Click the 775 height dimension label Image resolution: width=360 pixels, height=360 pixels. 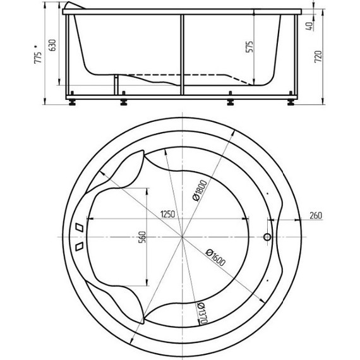point(38,57)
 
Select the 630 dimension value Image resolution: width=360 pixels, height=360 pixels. point(52,45)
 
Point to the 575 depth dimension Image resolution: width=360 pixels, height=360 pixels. point(249,47)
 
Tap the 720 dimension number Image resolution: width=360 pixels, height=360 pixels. point(318,57)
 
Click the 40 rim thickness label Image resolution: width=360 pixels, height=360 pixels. point(309,27)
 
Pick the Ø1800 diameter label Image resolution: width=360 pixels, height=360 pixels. point(200,191)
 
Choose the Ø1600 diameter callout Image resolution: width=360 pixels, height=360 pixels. point(215,258)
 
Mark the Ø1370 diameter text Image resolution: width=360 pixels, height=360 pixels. point(202,313)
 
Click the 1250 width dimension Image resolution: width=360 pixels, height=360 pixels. point(167,214)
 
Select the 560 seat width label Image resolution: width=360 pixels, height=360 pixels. point(142,237)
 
